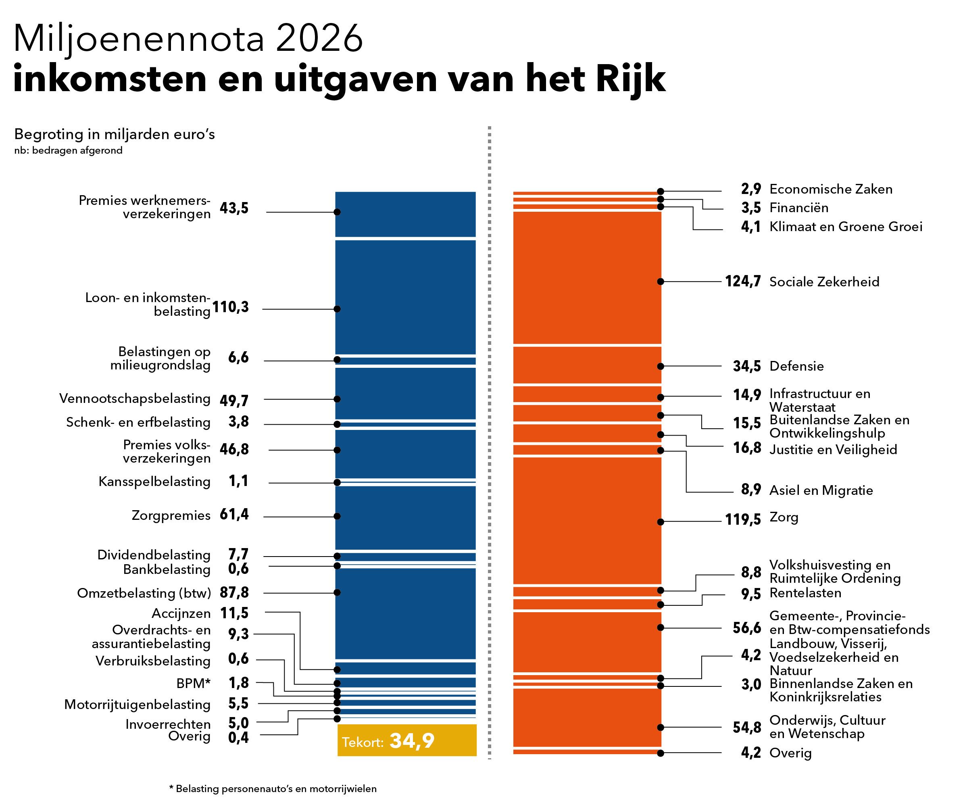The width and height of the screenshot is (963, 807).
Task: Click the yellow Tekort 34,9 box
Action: pyautogui.click(x=407, y=740)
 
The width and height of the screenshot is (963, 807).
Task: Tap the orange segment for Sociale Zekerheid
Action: pyautogui.click(x=587, y=277)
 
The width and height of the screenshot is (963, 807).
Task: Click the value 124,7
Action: pyautogui.click(x=742, y=281)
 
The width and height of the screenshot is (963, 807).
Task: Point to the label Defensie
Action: pyautogui.click(x=796, y=366)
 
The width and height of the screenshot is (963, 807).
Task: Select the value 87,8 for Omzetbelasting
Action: pyautogui.click(x=234, y=592)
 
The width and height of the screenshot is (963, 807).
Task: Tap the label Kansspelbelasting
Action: pyautogui.click(x=154, y=482)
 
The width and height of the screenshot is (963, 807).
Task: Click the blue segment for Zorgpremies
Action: pyautogui.click(x=405, y=517)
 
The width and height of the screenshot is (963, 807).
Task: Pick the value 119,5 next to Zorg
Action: pyautogui.click(x=742, y=519)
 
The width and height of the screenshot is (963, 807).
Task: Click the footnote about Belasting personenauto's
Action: pyautogui.click(x=273, y=789)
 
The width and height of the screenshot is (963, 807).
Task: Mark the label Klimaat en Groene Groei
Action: pyautogui.click(x=846, y=227)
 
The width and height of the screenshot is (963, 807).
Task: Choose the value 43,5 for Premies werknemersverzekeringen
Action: pyautogui.click(x=234, y=208)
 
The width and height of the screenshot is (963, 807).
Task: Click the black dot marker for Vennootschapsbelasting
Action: pyautogui.click(x=337, y=399)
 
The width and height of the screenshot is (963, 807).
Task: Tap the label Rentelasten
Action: pyautogui.click(x=805, y=593)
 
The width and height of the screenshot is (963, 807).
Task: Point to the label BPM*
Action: pyautogui.click(x=193, y=683)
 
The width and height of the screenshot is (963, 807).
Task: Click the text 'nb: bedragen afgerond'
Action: pyautogui.click(x=68, y=150)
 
